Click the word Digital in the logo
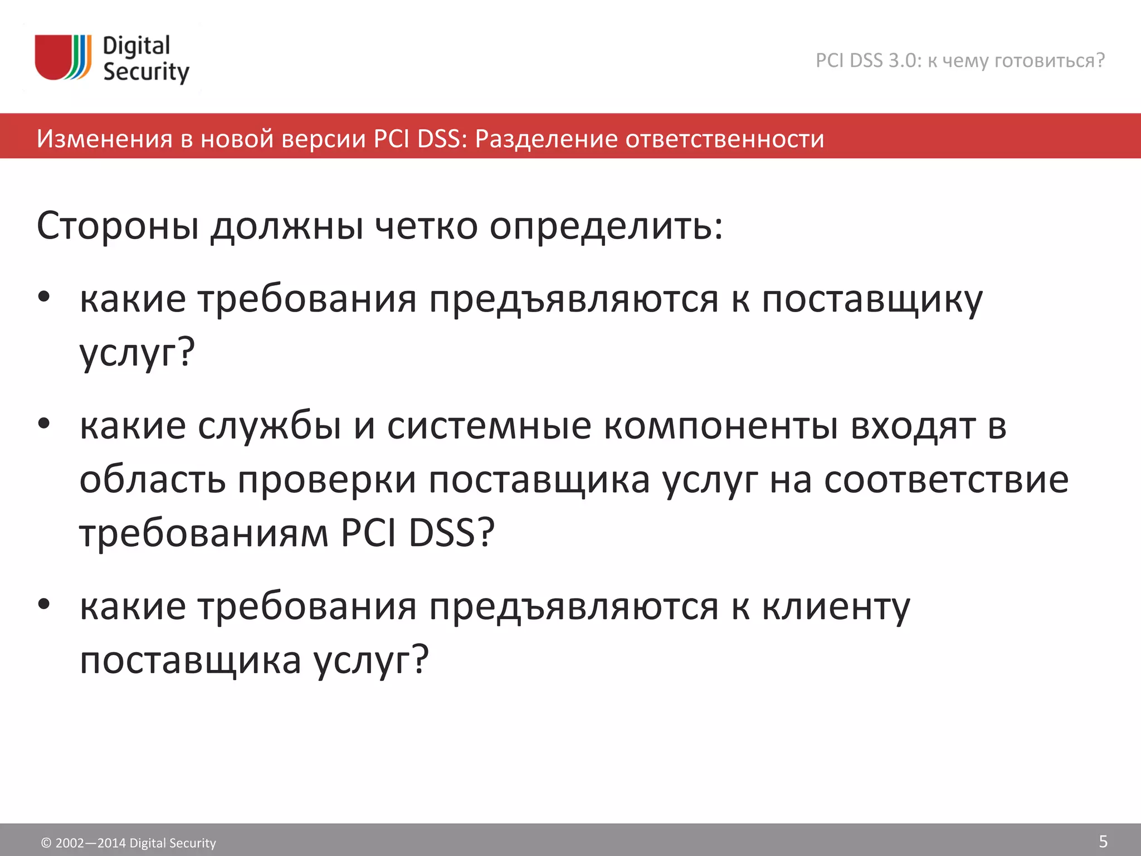coord(136,46)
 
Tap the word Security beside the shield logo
coord(146,72)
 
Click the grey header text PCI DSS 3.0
coord(868,60)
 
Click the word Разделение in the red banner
coord(545,139)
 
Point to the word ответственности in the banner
coord(725,139)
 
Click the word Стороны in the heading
coord(118,226)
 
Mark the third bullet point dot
coord(44,604)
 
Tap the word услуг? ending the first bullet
coord(137,353)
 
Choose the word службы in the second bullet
coord(270,426)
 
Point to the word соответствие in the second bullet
coord(946,480)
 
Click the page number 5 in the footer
coord(1103,841)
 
